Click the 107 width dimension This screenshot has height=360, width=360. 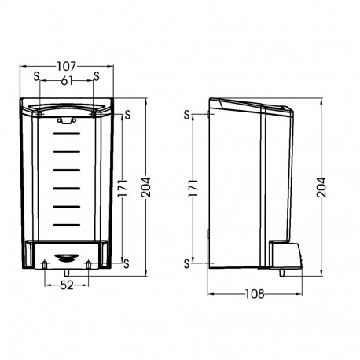67,66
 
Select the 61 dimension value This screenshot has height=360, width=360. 67,81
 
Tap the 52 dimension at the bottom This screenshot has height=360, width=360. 67,285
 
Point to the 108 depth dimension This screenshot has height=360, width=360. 255,294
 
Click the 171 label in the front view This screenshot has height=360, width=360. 123,188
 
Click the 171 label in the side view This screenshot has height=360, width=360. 193,188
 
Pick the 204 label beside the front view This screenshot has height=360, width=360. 145,187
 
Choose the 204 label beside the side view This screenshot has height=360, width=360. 321,187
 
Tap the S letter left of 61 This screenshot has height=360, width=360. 36,76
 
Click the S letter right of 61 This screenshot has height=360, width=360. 97,76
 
